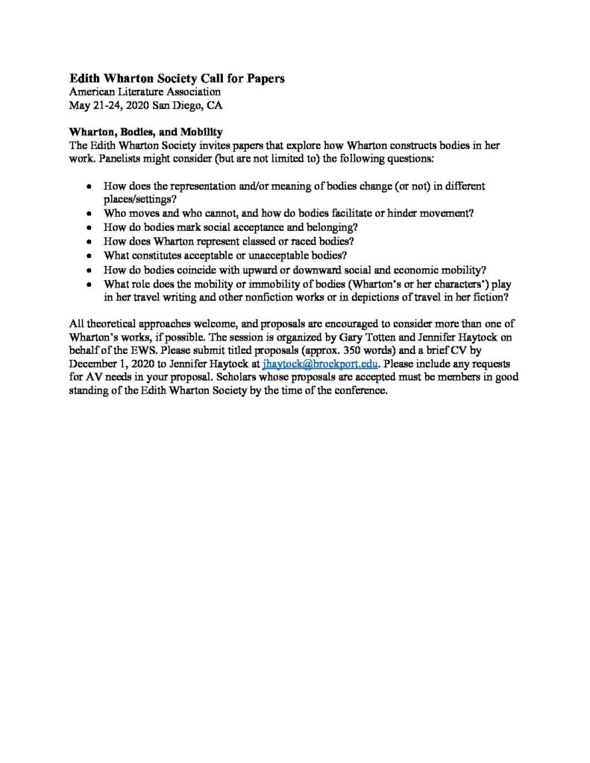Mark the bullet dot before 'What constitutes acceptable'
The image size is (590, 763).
pyautogui.click(x=90, y=256)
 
